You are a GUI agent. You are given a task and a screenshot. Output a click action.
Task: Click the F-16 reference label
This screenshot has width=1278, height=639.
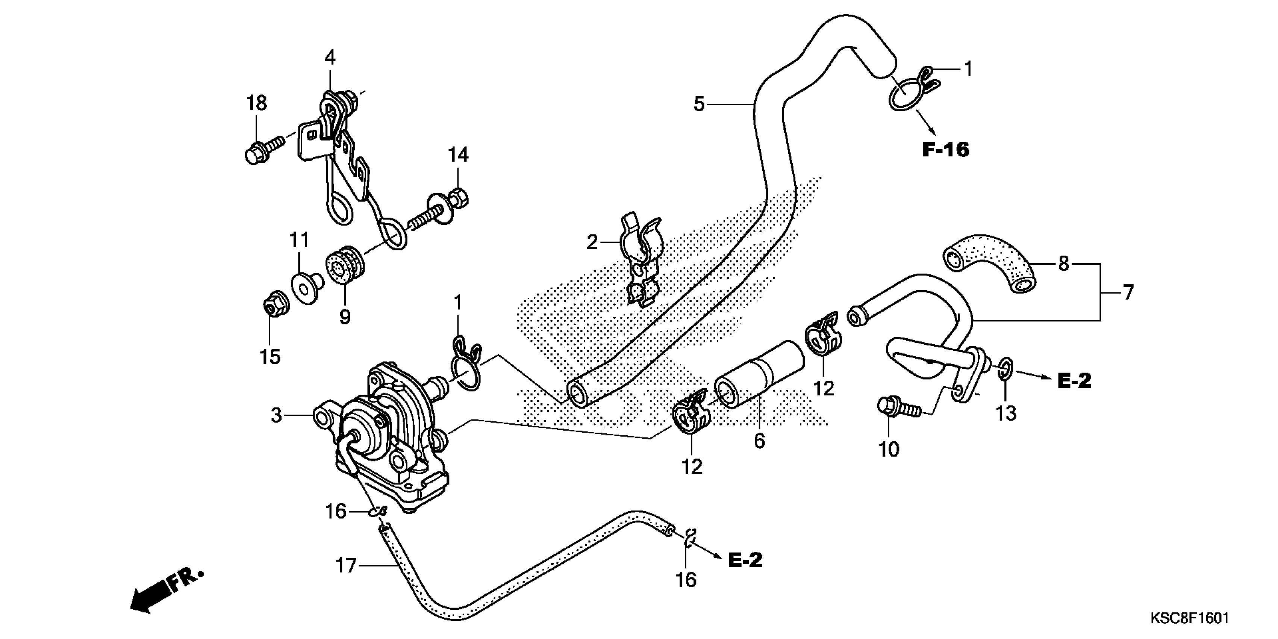946,149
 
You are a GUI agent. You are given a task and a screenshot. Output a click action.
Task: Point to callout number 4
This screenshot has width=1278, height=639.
330,58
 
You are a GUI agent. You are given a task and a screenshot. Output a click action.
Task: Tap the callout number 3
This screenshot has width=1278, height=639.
276,415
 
